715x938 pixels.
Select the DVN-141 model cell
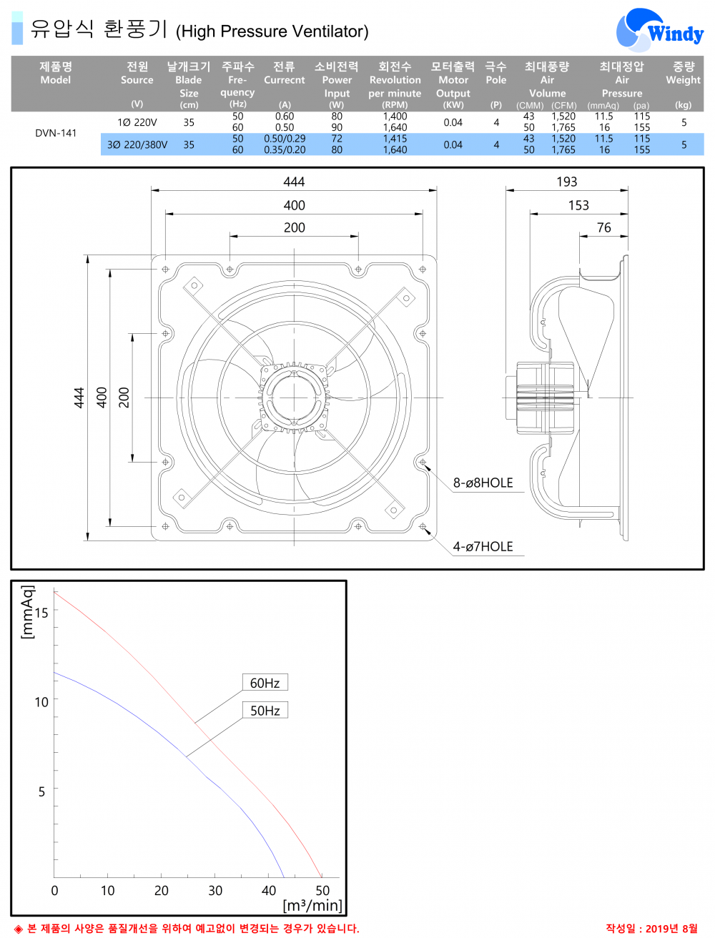click(56, 133)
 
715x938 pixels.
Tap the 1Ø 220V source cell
click(137, 122)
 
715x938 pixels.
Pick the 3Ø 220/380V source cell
click(137, 144)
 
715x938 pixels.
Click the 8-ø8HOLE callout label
click(483, 483)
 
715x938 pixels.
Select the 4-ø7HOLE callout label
click(483, 546)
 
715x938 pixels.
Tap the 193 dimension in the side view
click(567, 182)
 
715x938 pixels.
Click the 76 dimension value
click(604, 227)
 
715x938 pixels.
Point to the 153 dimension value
click(578, 205)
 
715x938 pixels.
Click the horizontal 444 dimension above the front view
click(294, 182)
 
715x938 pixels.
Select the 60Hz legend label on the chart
click(265, 683)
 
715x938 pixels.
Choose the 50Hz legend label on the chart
click(265, 710)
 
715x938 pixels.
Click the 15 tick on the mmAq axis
click(41, 613)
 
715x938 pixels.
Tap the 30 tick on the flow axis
click(215, 891)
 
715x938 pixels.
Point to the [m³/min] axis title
click(312, 906)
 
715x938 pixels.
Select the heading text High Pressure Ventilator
click(272, 31)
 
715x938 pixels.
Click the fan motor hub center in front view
click(294, 398)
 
